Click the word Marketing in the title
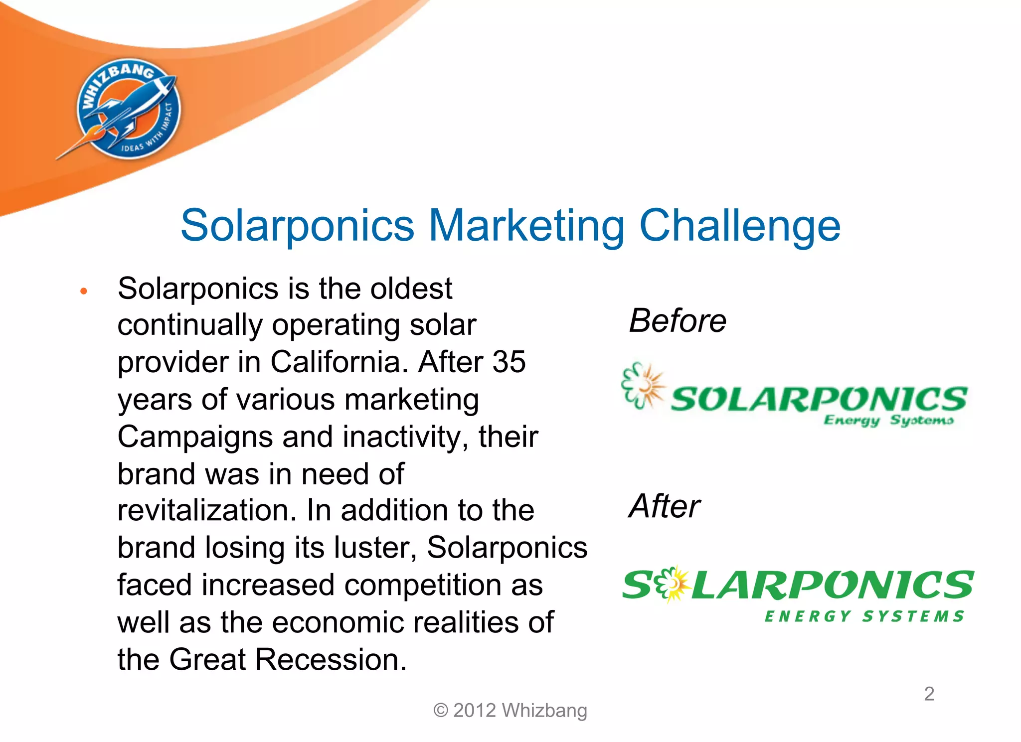pyautogui.click(x=526, y=225)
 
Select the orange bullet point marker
pyautogui.click(x=84, y=291)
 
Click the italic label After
pyautogui.click(x=665, y=506)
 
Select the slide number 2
pyautogui.click(x=929, y=694)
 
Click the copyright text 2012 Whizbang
pyautogui.click(x=510, y=710)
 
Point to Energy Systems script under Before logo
pyautogui.click(x=888, y=420)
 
